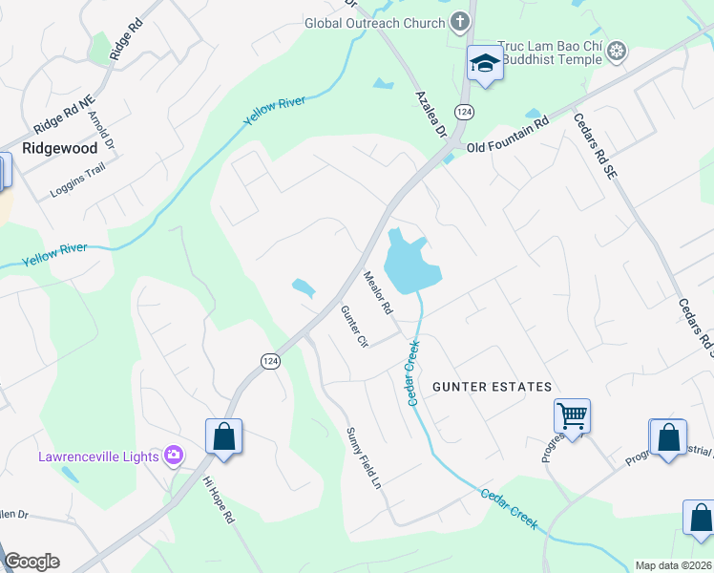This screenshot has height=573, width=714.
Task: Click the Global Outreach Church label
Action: pyautogui.click(x=375, y=23)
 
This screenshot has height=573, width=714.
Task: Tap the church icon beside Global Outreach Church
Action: pyautogui.click(x=459, y=22)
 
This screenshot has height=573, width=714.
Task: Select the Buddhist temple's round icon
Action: pyautogui.click(x=618, y=50)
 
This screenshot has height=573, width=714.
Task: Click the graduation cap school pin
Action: pyautogui.click(x=484, y=64)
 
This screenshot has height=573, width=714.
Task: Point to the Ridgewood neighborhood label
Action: pyautogui.click(x=59, y=149)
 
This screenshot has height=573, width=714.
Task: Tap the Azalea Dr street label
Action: pyautogui.click(x=431, y=117)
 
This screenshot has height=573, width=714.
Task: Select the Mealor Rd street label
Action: pyautogui.click(x=378, y=293)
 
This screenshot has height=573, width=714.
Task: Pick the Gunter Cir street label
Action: pyautogui.click(x=354, y=327)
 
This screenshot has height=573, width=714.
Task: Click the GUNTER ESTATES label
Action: pyautogui.click(x=492, y=387)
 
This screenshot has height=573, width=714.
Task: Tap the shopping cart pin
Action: pyautogui.click(x=572, y=415)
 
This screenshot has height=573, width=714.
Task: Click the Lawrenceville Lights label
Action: pyautogui.click(x=97, y=456)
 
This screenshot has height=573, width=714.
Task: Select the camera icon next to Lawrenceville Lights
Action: pyautogui.click(x=174, y=455)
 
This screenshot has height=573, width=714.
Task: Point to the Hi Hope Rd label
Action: pyautogui.click(x=219, y=499)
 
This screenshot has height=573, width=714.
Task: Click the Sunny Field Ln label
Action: pyautogui.click(x=364, y=459)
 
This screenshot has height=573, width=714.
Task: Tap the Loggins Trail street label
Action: pyautogui.click(x=78, y=180)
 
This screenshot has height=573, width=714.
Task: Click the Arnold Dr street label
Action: pyautogui.click(x=101, y=131)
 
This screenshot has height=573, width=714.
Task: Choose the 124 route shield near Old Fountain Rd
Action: pyautogui.click(x=464, y=112)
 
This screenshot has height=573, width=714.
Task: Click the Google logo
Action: pyautogui.click(x=31, y=562)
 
